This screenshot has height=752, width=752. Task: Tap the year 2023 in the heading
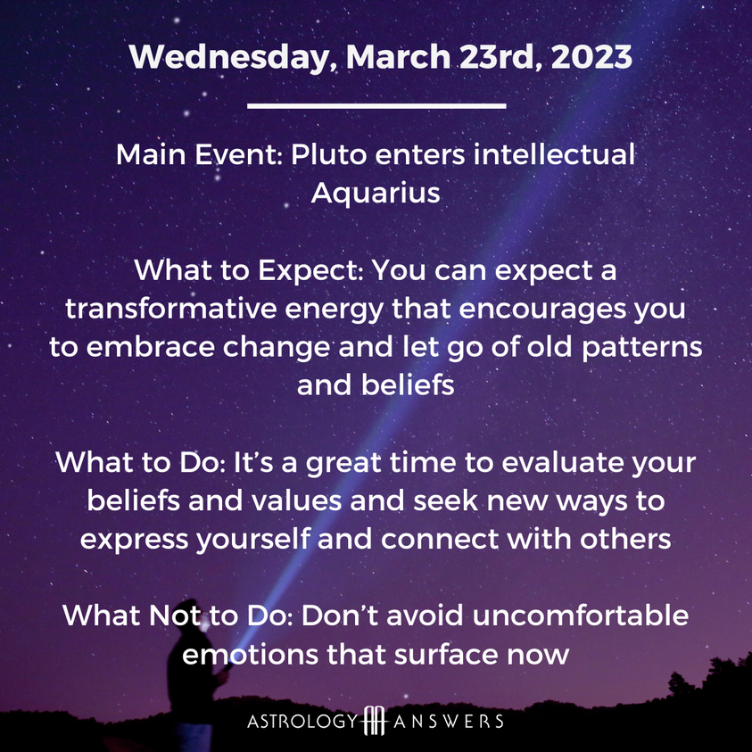pos(591,56)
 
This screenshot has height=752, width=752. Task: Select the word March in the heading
pos(398,56)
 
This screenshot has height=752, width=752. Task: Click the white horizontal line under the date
pos(376,105)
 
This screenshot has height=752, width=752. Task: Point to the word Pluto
pos(329,154)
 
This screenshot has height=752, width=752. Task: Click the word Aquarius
pos(376,194)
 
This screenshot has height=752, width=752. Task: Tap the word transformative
pos(171,309)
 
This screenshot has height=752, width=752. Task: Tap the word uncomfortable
pos(581,616)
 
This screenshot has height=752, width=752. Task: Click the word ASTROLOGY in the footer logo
pos(303,722)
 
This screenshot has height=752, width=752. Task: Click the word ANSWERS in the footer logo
pos(449,722)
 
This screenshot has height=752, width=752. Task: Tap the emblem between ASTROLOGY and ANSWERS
pos(375,721)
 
